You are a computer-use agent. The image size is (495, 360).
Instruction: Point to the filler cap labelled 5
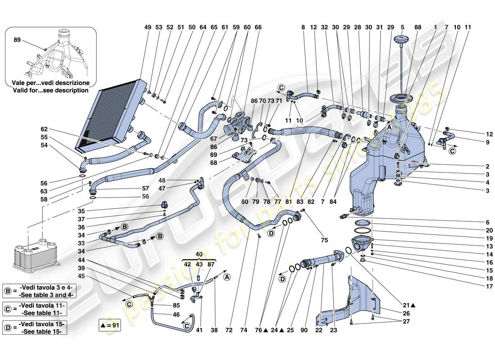400,41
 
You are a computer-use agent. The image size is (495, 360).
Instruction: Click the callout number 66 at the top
258,27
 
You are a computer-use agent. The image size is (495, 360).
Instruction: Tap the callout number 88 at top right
418,27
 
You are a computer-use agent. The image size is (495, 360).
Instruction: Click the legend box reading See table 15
34,327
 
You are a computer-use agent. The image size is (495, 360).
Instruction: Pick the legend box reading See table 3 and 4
34,291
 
